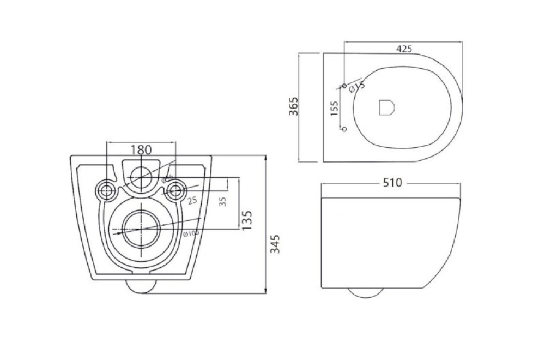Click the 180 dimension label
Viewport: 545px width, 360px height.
pos(141,149)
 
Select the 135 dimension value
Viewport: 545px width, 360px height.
pos(246,220)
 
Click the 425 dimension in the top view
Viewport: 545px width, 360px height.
pos(404,49)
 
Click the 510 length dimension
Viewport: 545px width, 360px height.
pos(392,183)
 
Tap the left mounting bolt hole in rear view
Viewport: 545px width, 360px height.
pos(106,190)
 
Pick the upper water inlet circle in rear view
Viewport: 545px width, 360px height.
pos(141,176)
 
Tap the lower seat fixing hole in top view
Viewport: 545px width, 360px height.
pos(344,128)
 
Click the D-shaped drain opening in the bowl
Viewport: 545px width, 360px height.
pos(386,107)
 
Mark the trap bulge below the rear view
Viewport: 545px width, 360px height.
pos(141,287)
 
